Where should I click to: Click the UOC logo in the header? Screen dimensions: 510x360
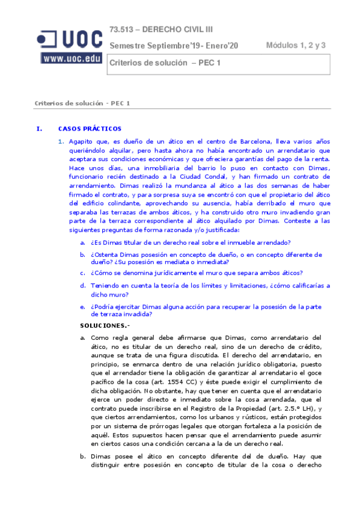70,39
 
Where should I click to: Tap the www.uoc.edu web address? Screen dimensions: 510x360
72,58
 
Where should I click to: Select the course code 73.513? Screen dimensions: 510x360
122,30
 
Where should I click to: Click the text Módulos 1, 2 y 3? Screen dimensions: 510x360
295,45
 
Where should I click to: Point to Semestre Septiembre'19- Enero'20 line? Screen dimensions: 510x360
174,46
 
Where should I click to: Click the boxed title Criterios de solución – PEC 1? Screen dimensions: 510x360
164,63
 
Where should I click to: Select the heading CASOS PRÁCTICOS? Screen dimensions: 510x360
90,129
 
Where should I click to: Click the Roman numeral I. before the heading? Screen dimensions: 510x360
39,129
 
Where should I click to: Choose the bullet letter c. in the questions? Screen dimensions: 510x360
82,272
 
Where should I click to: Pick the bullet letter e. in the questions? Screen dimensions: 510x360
82,306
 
